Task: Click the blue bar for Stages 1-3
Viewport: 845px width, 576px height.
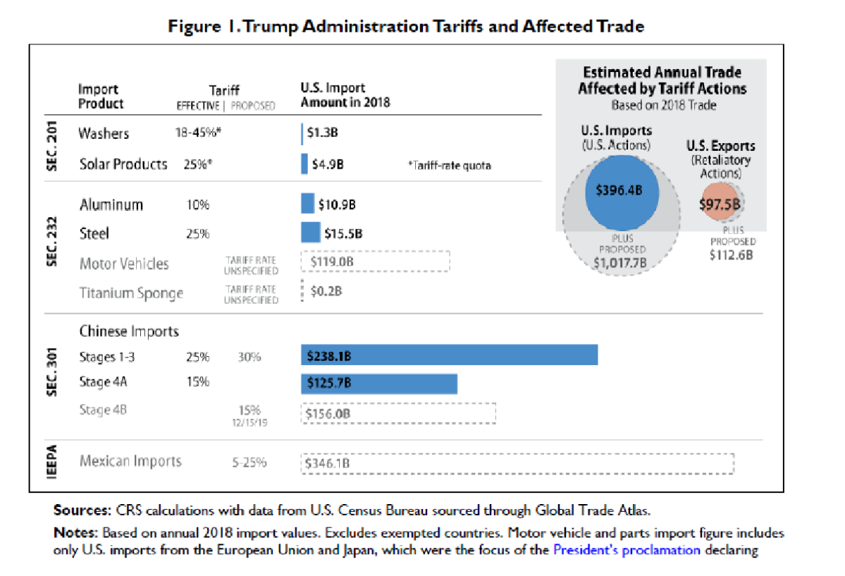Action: coord(449,355)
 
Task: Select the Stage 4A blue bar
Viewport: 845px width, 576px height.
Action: coord(379,384)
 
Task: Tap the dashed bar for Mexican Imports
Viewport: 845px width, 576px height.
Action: coord(517,463)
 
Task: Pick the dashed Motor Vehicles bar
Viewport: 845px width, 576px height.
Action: coord(375,262)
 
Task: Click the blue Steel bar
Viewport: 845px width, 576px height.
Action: coord(310,233)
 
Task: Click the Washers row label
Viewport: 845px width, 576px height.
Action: coord(104,133)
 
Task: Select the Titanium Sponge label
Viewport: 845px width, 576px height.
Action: coord(131,293)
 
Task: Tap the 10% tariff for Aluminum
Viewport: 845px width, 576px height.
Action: coord(197,205)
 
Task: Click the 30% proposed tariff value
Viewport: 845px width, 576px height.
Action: coord(249,357)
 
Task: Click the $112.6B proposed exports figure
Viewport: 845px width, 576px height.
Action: coord(731,255)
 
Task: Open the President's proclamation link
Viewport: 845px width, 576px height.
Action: coord(627,550)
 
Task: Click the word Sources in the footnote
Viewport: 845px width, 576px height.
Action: coord(80,510)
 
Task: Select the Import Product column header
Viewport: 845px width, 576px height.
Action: coord(100,97)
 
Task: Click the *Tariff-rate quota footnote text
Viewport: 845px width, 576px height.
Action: coord(449,166)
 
